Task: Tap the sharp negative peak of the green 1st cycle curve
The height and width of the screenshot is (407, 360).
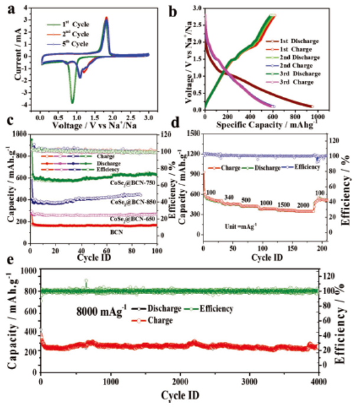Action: click(x=72, y=102)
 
